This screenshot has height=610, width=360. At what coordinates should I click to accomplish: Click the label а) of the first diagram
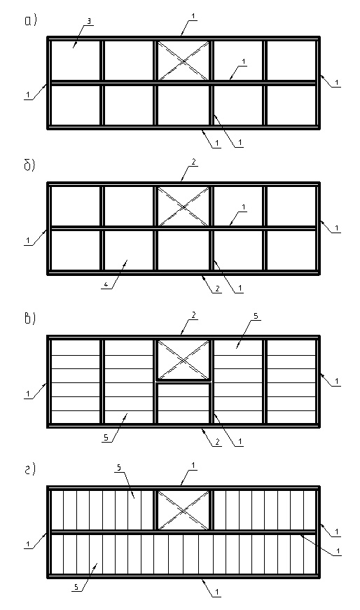31,20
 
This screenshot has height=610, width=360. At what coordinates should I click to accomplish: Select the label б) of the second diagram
30,165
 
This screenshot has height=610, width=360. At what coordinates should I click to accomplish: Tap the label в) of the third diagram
30,318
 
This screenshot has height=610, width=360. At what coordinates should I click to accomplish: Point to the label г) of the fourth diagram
30,469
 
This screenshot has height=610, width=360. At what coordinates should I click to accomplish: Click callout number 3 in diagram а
89,22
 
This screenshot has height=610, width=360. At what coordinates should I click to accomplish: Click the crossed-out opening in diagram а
184,60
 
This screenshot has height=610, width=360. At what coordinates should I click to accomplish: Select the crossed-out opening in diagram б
184,206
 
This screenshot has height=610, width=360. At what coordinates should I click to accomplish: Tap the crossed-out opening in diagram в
184,359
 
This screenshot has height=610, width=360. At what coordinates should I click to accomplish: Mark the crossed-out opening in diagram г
184,510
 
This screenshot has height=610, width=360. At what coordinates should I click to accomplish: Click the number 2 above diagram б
193,162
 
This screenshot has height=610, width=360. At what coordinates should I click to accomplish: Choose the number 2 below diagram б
218,289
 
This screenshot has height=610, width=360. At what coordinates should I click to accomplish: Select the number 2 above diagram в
193,315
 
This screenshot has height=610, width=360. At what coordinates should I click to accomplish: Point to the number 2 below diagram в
218,441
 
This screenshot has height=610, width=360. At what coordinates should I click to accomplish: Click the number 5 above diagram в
256,317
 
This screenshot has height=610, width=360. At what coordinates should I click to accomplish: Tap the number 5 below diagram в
106,438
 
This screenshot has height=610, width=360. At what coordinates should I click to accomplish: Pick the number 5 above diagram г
118,469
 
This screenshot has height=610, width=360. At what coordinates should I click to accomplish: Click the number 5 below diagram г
76,587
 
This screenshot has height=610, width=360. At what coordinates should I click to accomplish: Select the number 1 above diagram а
193,16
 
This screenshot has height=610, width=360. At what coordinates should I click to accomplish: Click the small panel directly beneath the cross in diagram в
184,403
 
